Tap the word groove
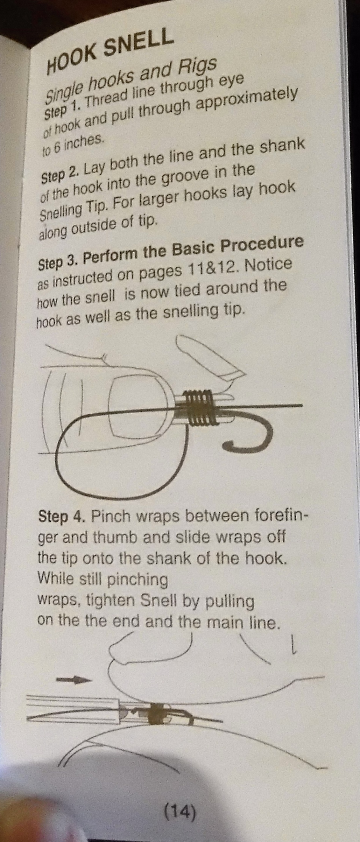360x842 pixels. [191, 175]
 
